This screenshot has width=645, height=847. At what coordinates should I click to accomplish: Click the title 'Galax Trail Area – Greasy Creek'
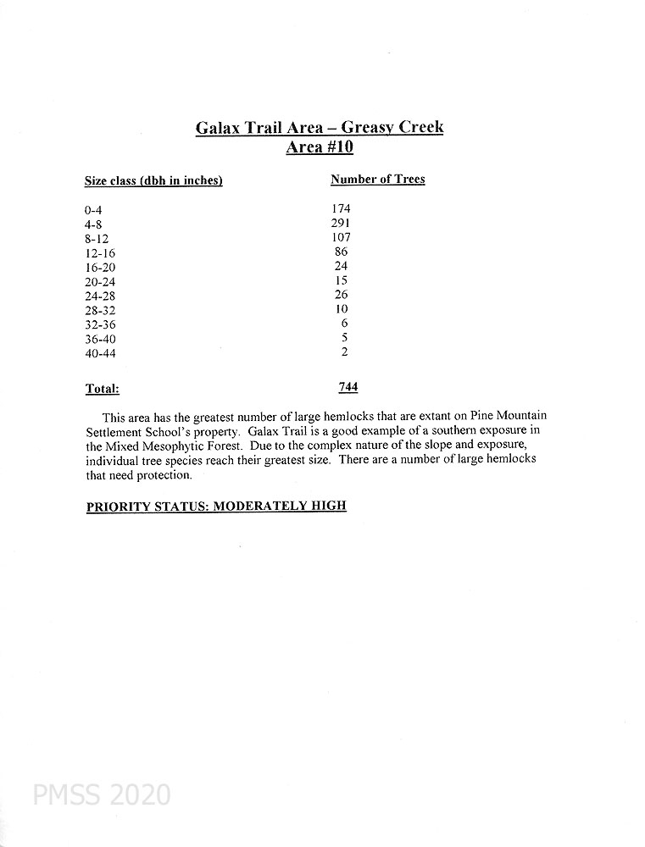[320, 128]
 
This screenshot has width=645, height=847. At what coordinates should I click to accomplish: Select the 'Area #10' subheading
[320, 148]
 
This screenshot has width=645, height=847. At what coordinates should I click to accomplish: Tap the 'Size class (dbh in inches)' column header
[153, 181]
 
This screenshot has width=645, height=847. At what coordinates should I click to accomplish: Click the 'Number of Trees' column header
[377, 180]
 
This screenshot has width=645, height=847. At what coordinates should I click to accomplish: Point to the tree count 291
[342, 223]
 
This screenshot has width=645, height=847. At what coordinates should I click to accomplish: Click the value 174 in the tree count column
[342, 208]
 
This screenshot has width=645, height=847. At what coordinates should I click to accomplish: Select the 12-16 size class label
[99, 252]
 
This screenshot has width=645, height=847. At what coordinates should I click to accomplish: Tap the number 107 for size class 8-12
[342, 237]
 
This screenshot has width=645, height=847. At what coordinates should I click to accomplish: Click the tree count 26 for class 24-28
[342, 295]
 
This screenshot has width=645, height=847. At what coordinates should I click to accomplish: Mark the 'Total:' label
[102, 390]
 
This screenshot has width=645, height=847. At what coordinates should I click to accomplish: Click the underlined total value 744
[348, 387]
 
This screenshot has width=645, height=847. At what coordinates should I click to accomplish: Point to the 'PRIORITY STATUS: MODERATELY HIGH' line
[216, 507]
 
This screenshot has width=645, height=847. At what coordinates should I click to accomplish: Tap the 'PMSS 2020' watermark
[102, 795]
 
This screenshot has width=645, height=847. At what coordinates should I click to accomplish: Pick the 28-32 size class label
[99, 310]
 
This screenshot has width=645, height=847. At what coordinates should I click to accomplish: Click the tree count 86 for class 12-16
[342, 252]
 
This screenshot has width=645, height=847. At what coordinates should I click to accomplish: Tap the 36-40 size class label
[99, 339]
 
